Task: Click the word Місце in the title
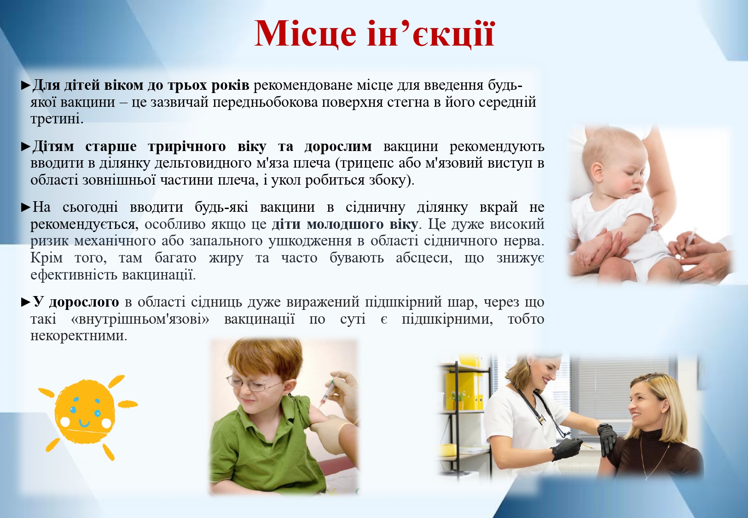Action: pos(305,35)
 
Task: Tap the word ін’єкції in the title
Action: pos(431,34)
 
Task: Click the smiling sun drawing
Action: pos(86,418)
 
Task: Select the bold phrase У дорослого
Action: pos(76,302)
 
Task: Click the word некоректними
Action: pos(79,336)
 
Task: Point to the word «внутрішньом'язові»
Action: pos(140,319)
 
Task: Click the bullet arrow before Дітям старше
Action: pos(26,147)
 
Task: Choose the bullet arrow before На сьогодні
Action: pos(26,208)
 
